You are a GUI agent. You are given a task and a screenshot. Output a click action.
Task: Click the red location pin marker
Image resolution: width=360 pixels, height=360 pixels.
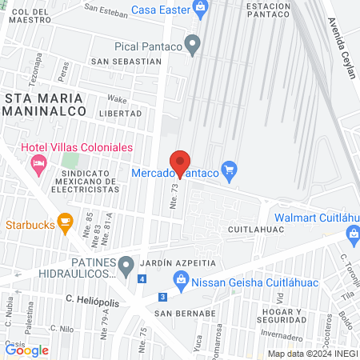tap(180, 162)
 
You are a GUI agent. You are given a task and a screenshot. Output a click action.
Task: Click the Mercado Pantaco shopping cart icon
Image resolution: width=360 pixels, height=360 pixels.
tap(230, 168)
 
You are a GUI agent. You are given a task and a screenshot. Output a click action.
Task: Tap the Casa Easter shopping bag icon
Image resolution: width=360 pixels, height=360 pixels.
tap(202, 9)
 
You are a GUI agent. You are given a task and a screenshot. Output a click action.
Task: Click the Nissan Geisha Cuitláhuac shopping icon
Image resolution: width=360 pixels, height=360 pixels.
tap(181, 280)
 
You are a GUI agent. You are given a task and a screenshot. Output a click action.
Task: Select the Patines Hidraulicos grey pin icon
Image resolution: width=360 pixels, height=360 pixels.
tap(126, 264)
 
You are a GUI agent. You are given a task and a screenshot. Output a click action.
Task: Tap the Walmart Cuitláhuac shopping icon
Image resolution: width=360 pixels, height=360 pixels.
tap(353, 232)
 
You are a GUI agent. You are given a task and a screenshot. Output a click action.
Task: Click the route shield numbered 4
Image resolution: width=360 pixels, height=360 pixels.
tap(142, 279)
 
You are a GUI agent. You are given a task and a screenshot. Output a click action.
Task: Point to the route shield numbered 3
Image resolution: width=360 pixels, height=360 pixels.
tap(162, 297)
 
